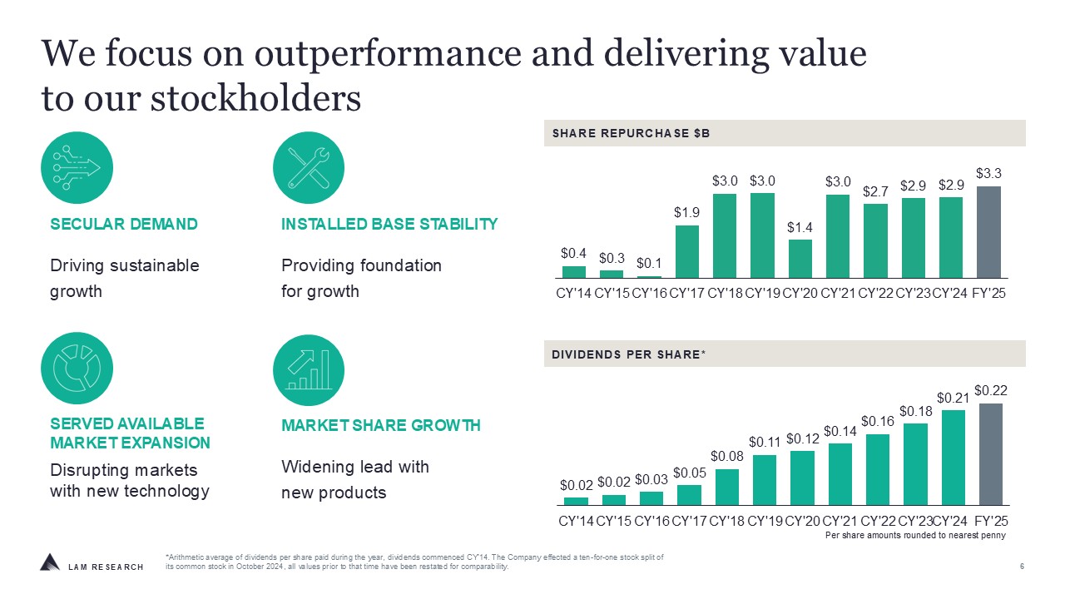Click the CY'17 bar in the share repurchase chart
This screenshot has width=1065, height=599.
tap(687, 251)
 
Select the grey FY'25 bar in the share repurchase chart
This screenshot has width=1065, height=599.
tap(988, 232)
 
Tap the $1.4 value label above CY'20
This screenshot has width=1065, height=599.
tap(800, 227)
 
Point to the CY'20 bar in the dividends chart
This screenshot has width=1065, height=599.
tap(802, 478)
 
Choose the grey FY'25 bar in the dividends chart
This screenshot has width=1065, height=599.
tap(990, 454)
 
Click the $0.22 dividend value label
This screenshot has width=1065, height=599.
tap(990, 389)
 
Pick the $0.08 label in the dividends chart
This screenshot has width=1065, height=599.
tap(726, 456)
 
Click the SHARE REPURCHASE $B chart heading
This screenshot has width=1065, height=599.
tap(631, 133)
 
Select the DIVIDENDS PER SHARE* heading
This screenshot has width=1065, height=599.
tap(628, 354)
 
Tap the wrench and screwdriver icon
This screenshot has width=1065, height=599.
tap(309, 167)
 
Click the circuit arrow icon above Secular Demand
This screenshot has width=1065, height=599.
tap(77, 167)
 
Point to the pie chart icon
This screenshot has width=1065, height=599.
tap(77, 369)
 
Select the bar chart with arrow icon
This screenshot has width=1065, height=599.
tap(309, 369)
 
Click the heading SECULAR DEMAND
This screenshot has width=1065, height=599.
tap(124, 224)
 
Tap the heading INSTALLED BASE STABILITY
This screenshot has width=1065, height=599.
tap(389, 224)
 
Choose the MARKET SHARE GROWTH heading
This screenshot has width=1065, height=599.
tap(381, 425)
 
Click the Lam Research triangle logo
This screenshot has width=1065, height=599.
tap(50, 562)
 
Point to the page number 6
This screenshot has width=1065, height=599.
tap(1021, 567)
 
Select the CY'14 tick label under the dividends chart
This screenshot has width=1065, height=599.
tap(576, 521)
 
